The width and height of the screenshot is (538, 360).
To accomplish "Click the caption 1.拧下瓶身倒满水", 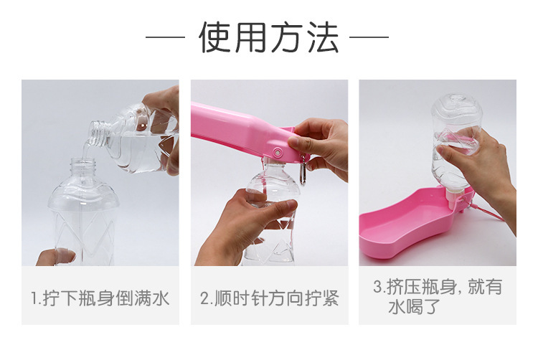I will click(x=100, y=298).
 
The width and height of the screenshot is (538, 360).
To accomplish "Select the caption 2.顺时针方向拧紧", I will click(x=268, y=298).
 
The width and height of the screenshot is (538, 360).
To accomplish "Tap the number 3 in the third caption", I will click(x=377, y=288).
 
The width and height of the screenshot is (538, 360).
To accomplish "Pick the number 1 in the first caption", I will click(x=34, y=298).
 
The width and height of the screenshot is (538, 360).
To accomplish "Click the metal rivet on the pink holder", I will click(x=278, y=151).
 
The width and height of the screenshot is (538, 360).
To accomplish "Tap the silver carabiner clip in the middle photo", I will click(x=303, y=173).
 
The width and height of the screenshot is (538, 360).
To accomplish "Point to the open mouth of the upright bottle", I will click(x=85, y=163).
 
